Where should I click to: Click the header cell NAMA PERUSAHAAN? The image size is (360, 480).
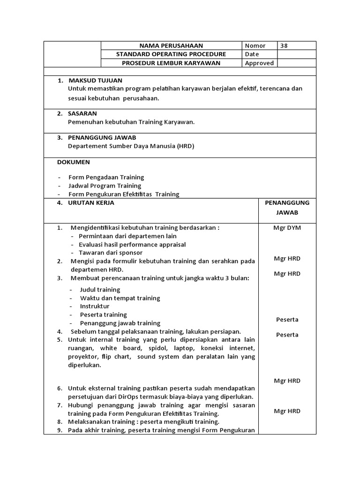point(171,45)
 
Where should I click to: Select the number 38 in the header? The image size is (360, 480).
point(285,45)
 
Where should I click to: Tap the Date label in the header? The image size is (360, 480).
point(252,54)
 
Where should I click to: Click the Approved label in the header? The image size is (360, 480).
point(259,63)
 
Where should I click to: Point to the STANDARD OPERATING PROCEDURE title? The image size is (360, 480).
point(171,54)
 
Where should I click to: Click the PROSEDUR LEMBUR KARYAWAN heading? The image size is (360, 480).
point(171,63)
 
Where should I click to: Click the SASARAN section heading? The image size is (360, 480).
point(82,113)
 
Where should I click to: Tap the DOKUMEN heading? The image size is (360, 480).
point(74,162)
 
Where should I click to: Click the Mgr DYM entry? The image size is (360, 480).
point(287,228)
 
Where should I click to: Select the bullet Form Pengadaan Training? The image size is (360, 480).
point(106,177)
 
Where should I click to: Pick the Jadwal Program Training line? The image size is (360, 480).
point(105,186)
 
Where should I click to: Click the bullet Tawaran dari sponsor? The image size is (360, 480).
point(111,253)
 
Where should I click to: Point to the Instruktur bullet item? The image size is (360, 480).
point(95,306)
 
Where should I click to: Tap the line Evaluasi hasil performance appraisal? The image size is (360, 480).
point(132,244)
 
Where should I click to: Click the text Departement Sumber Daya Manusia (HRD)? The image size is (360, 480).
point(131,146)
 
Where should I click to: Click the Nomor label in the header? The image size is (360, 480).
point(255,45)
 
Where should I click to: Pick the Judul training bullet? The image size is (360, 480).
point(100,290)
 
